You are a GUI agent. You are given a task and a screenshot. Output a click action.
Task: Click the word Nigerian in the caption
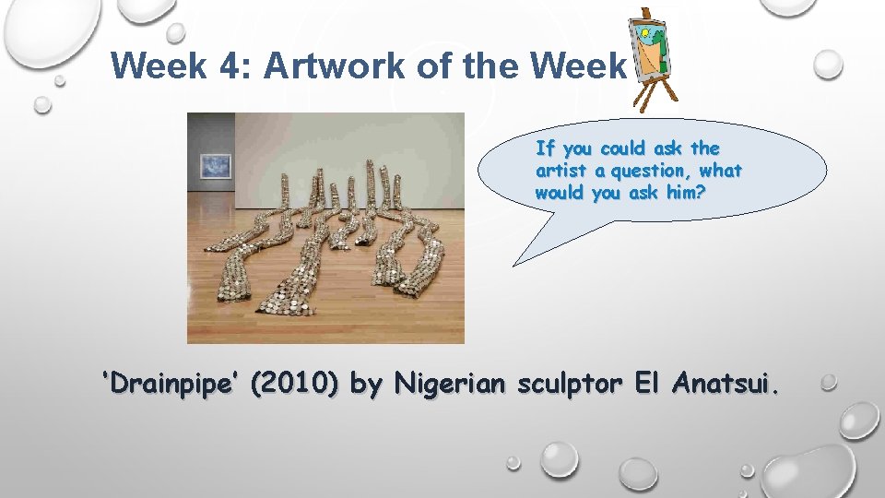coord(451,384)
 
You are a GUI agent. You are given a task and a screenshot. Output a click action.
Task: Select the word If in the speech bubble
coord(545,148)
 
